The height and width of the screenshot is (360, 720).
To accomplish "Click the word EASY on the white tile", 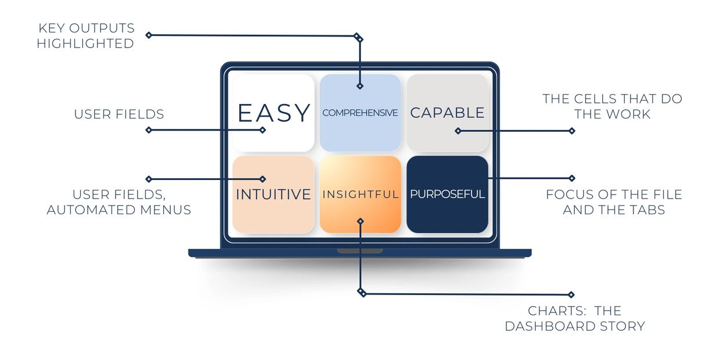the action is tap(274, 113).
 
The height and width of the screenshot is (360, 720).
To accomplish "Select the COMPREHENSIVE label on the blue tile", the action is tap(360, 113).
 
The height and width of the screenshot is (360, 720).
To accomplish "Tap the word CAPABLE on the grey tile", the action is tap(447, 113).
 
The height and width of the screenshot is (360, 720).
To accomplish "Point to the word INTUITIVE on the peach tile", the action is tap(273, 194).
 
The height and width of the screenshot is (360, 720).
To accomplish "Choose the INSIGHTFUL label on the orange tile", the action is tap(361, 194).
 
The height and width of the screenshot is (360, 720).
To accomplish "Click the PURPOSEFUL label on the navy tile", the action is tap(448, 194).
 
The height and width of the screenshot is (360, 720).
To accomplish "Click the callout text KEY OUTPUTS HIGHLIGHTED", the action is tap(85, 35).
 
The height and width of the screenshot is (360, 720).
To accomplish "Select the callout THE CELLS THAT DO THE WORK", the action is tap(613, 106).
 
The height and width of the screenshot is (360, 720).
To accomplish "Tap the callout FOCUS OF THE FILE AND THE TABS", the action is tap(614, 202).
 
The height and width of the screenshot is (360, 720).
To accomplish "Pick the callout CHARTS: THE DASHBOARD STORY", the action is tap(575, 318).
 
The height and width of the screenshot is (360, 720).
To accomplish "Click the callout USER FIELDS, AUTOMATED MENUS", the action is tap(119, 202).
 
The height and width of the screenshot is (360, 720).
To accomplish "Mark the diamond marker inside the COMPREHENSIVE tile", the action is tap(360, 86).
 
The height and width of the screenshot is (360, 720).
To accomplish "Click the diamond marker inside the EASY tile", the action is tap(262, 130).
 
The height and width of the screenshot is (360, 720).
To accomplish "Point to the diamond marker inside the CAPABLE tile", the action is tap(458, 131).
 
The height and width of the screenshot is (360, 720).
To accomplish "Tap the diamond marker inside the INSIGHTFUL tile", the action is tap(361, 221).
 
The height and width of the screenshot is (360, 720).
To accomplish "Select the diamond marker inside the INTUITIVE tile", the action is tap(262, 179).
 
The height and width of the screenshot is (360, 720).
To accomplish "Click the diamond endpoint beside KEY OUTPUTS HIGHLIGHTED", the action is tap(149, 35).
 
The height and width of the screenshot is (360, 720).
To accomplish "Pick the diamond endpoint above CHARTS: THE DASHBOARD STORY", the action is tap(571, 294).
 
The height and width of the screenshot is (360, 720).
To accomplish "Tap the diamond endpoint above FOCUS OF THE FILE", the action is tap(572, 178).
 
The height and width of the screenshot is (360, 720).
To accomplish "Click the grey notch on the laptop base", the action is tap(360, 251).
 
